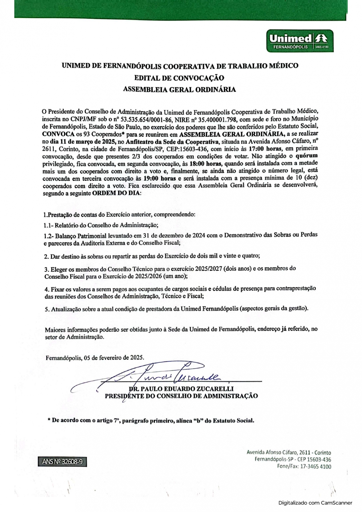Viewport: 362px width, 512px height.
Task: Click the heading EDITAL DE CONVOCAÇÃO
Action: [x=179, y=78]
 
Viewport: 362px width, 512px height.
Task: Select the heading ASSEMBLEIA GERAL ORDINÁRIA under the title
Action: [x=179, y=90]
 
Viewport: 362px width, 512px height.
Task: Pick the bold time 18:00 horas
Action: [x=206, y=164]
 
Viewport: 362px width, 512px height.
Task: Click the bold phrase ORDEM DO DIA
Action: [x=116, y=193]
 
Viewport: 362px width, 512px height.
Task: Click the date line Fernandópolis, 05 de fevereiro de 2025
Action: [x=95, y=358]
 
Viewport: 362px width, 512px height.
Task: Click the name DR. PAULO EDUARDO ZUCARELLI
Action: [x=181, y=389]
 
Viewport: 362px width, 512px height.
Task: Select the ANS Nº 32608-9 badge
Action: [x=62, y=462]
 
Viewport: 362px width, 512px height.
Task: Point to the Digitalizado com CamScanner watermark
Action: [x=315, y=503]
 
